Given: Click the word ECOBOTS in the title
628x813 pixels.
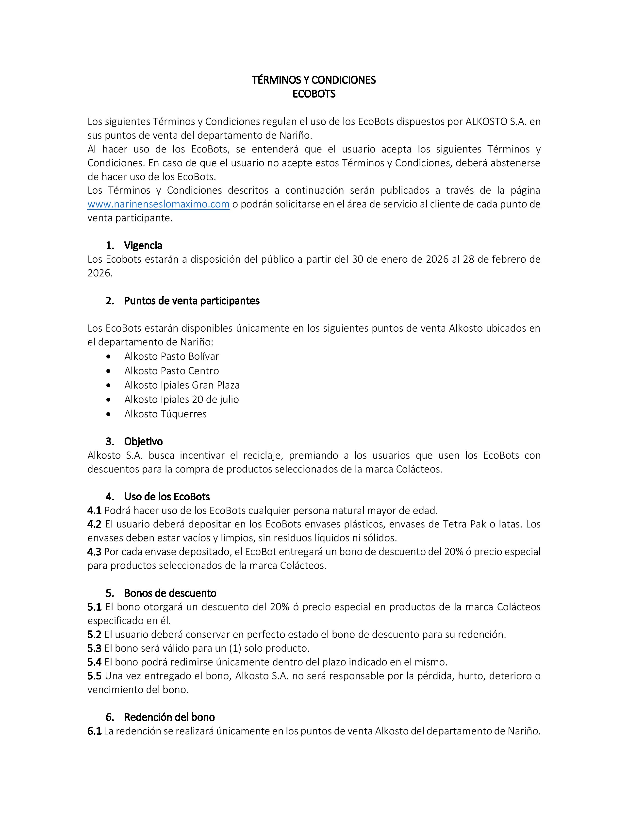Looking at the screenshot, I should click(314, 94).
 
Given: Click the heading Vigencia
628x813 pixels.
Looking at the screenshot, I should click(143, 246).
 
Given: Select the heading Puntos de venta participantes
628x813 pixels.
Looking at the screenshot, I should click(192, 301).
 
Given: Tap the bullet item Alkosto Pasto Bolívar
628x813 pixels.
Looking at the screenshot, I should click(171, 356).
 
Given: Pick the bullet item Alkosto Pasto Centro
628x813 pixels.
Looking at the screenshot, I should click(171, 371).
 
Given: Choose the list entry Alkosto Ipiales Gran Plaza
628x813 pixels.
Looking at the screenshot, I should click(182, 385).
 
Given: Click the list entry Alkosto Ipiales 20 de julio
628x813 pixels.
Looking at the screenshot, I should click(182, 399).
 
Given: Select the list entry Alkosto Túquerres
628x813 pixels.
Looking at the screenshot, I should click(165, 414).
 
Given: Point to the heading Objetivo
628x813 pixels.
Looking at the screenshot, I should click(143, 441).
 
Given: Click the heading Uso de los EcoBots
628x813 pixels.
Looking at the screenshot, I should click(167, 497).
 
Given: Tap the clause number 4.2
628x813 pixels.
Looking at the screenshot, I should click(94, 524).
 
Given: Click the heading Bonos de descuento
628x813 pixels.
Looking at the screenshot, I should click(170, 593).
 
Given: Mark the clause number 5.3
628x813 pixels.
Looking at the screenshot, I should click(94, 648).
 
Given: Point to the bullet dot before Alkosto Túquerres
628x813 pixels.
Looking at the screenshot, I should click(108, 414).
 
